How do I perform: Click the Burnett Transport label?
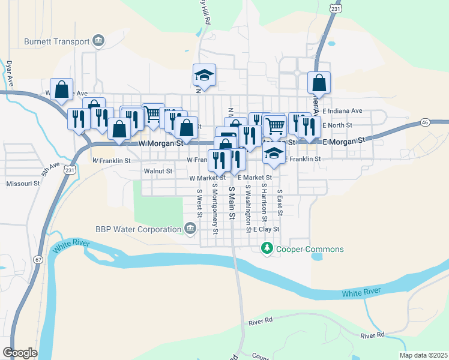point(57,41)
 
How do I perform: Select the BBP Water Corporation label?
point(138,229)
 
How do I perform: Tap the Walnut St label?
point(158,171)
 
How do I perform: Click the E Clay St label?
point(267,229)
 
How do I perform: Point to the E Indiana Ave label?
point(342,111)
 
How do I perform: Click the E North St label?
point(337,125)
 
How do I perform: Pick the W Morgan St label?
point(160,144)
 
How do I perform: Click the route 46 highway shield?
point(424,122)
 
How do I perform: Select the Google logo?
point(20,352)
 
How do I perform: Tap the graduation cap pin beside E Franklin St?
point(274,152)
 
